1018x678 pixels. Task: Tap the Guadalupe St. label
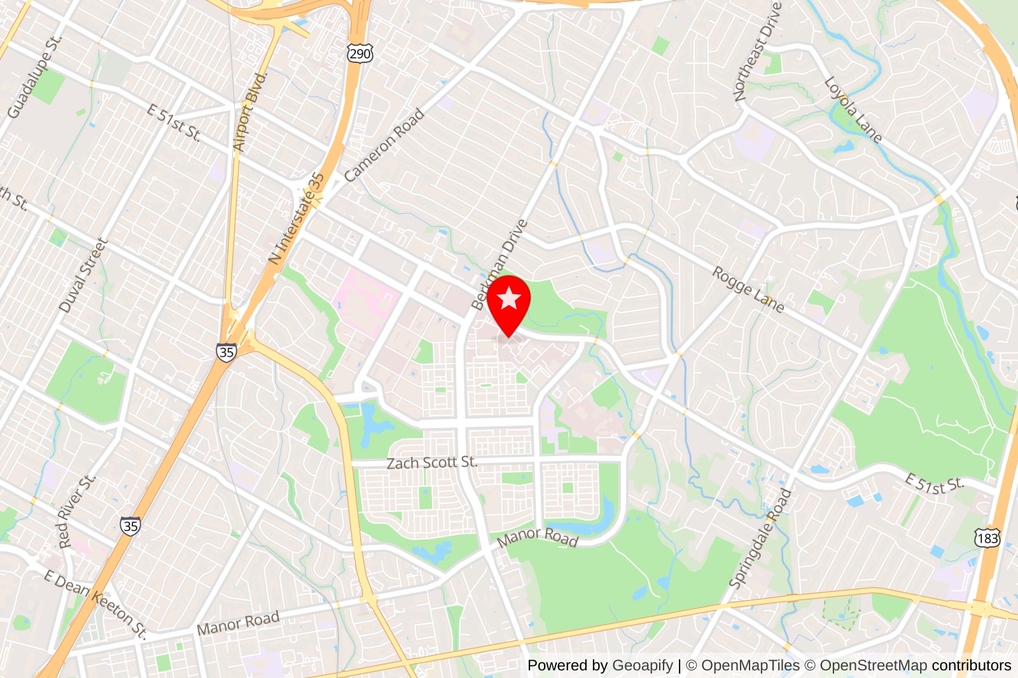click(x=35, y=77)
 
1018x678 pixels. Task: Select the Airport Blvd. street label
click(x=249, y=112)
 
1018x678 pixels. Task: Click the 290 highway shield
click(x=359, y=53)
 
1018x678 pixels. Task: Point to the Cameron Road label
click(x=384, y=145)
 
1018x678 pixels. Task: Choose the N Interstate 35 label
click(x=296, y=218)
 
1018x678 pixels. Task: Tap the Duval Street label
click(x=83, y=275)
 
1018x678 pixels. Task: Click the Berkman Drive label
click(x=500, y=263)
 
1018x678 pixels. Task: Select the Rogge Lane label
click(x=748, y=289)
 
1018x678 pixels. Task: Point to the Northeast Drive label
click(x=757, y=52)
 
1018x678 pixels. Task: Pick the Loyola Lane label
click(x=853, y=110)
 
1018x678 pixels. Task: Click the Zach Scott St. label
click(x=432, y=462)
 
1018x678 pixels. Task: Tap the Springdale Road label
click(x=760, y=538)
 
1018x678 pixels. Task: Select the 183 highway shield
click(x=987, y=538)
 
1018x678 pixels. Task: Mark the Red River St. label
click(x=76, y=510)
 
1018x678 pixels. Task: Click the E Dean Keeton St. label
click(x=95, y=603)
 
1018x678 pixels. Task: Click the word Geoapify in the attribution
click(x=642, y=665)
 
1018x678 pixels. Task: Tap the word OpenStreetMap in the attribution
click(x=873, y=665)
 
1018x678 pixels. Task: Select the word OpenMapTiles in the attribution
click(x=750, y=665)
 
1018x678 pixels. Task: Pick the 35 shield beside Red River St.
click(x=130, y=526)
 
